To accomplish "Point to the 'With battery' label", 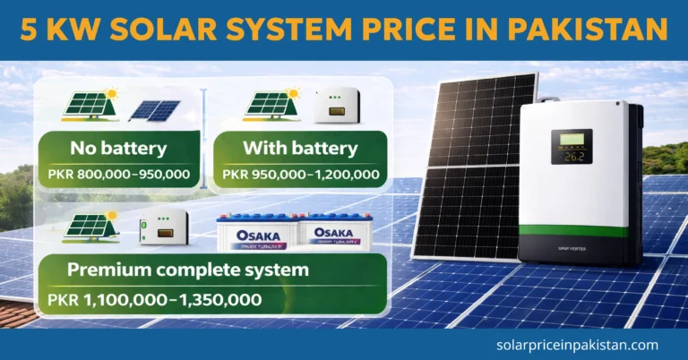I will pyautogui.click(x=301, y=148).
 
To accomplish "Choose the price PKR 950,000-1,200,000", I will pyautogui.click(x=301, y=173).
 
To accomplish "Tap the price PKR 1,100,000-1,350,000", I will pyautogui.click(x=158, y=299).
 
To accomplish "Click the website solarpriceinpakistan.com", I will pyautogui.click(x=577, y=344).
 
